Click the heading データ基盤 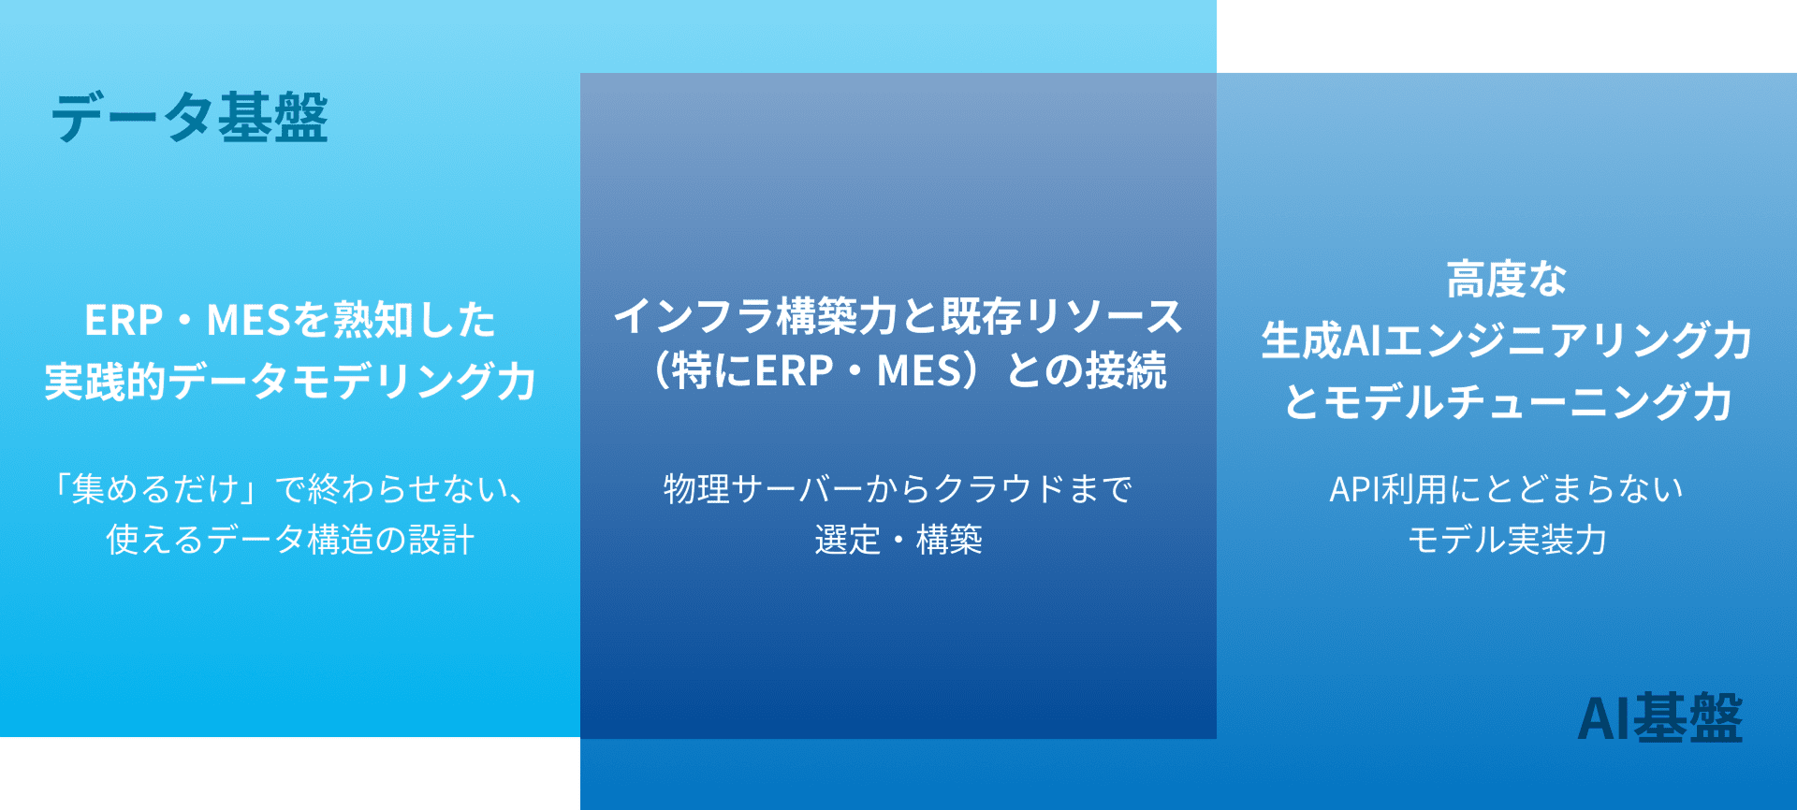click(189, 118)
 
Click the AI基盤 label click(1659, 718)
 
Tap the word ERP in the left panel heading click(124, 321)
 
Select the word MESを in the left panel click(269, 321)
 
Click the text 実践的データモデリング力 click(290, 382)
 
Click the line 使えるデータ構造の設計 click(290, 540)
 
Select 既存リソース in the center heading click(1061, 316)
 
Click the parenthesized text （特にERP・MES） click(812, 371)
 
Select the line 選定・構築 click(898, 540)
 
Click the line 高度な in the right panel click(1506, 279)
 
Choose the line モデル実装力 click(1506, 540)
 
